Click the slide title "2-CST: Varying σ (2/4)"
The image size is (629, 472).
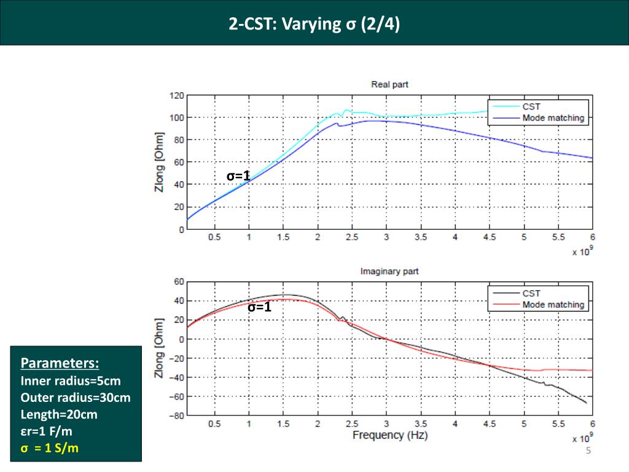314,25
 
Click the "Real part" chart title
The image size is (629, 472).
389,84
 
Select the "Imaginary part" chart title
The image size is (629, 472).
389,271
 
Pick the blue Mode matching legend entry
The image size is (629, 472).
553,117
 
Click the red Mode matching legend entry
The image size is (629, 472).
553,304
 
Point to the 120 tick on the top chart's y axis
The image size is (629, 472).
176,96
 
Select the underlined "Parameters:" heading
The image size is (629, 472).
60,361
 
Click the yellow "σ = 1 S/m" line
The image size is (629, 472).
50,448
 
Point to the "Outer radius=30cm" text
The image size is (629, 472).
76,397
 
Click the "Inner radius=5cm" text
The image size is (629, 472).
71,380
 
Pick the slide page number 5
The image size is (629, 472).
588,452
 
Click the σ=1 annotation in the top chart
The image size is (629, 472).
238,176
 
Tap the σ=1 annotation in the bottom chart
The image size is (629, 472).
259,307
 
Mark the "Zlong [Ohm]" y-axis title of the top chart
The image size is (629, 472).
160,161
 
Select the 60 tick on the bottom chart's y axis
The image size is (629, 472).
179,282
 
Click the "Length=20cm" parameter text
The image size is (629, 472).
59,414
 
